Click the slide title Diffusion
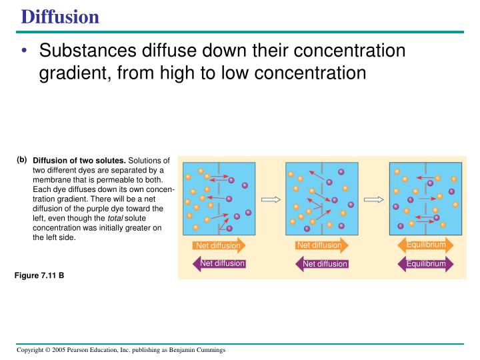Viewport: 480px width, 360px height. (x=60, y=16)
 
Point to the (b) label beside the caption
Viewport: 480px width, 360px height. (x=22, y=160)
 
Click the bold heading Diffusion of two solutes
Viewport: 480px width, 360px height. (x=79, y=161)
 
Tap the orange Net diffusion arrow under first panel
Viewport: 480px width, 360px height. (x=218, y=246)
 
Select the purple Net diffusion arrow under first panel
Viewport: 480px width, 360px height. (x=219, y=263)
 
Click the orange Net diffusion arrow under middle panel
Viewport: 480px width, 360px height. (x=320, y=245)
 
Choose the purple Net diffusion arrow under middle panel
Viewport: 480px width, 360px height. (x=323, y=264)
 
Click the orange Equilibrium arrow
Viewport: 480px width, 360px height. (x=426, y=245)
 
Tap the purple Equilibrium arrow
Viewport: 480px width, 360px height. (x=425, y=264)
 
